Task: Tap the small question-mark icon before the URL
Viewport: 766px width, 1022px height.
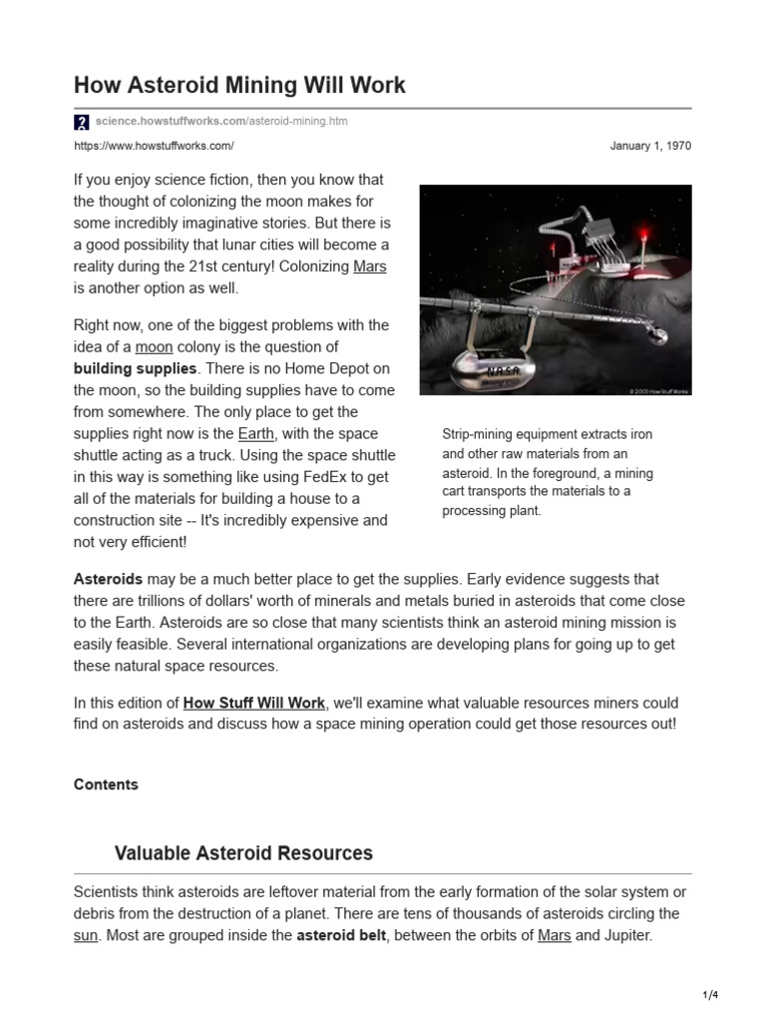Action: pos(82,122)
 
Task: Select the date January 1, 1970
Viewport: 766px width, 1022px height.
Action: pos(650,146)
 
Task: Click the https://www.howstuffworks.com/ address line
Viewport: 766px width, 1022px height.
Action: pos(154,146)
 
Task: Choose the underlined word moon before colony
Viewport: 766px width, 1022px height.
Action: pos(155,346)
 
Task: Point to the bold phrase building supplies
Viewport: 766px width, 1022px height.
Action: pos(136,368)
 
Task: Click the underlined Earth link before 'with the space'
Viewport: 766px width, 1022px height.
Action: pos(255,433)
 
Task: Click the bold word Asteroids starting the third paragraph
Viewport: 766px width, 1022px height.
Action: pos(109,579)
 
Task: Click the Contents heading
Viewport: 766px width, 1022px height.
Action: pos(106,784)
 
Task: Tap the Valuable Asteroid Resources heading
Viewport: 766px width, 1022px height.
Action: pos(243,853)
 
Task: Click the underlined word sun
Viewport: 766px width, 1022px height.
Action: pos(87,935)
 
